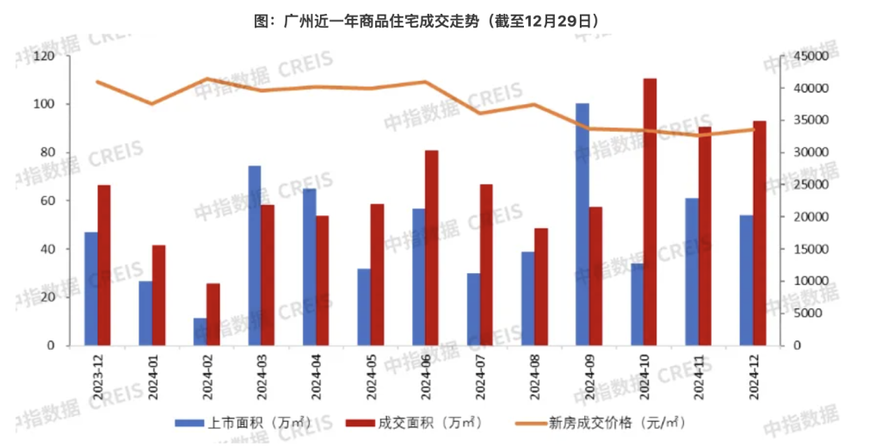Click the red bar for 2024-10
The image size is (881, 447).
click(650, 212)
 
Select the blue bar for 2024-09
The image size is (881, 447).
click(582, 224)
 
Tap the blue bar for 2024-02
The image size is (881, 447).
click(200, 332)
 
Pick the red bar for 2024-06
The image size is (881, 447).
click(431, 248)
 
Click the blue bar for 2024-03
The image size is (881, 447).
click(255, 256)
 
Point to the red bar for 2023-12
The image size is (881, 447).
click(104, 265)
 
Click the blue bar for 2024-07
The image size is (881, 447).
click(473, 309)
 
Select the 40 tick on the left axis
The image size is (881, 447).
click(46, 249)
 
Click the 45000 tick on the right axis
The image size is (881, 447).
click(809, 56)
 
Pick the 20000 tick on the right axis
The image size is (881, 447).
click(809, 217)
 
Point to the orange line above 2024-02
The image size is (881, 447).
click(207, 78)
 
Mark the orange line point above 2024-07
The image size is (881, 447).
click(480, 113)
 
